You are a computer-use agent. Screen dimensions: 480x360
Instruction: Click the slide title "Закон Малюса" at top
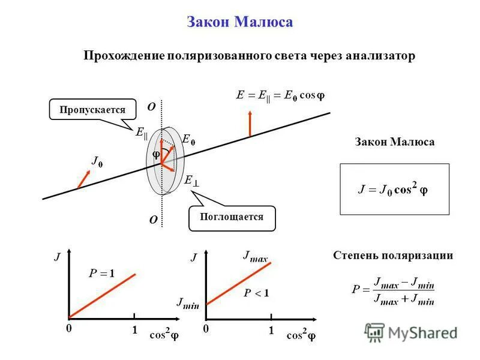240,23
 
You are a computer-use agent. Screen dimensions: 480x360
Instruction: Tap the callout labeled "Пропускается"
92,110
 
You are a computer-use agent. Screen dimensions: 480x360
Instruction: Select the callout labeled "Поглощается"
232,217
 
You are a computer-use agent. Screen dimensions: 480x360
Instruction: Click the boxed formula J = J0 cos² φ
394,189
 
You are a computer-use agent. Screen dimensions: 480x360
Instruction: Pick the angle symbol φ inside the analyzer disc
155,155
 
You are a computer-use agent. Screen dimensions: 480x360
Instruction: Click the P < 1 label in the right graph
256,293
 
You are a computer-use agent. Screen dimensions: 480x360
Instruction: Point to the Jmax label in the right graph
255,257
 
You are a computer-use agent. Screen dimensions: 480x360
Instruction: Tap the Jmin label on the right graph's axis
188,303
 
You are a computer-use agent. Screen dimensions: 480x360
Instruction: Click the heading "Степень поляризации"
393,256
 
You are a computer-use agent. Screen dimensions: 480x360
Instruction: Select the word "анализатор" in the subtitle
380,56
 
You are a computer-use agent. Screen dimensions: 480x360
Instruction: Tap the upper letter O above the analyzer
151,106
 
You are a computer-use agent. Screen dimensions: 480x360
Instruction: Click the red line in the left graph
102,295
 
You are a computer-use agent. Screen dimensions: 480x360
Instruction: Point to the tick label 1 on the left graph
135,330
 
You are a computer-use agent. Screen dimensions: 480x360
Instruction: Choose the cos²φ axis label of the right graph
301,335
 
